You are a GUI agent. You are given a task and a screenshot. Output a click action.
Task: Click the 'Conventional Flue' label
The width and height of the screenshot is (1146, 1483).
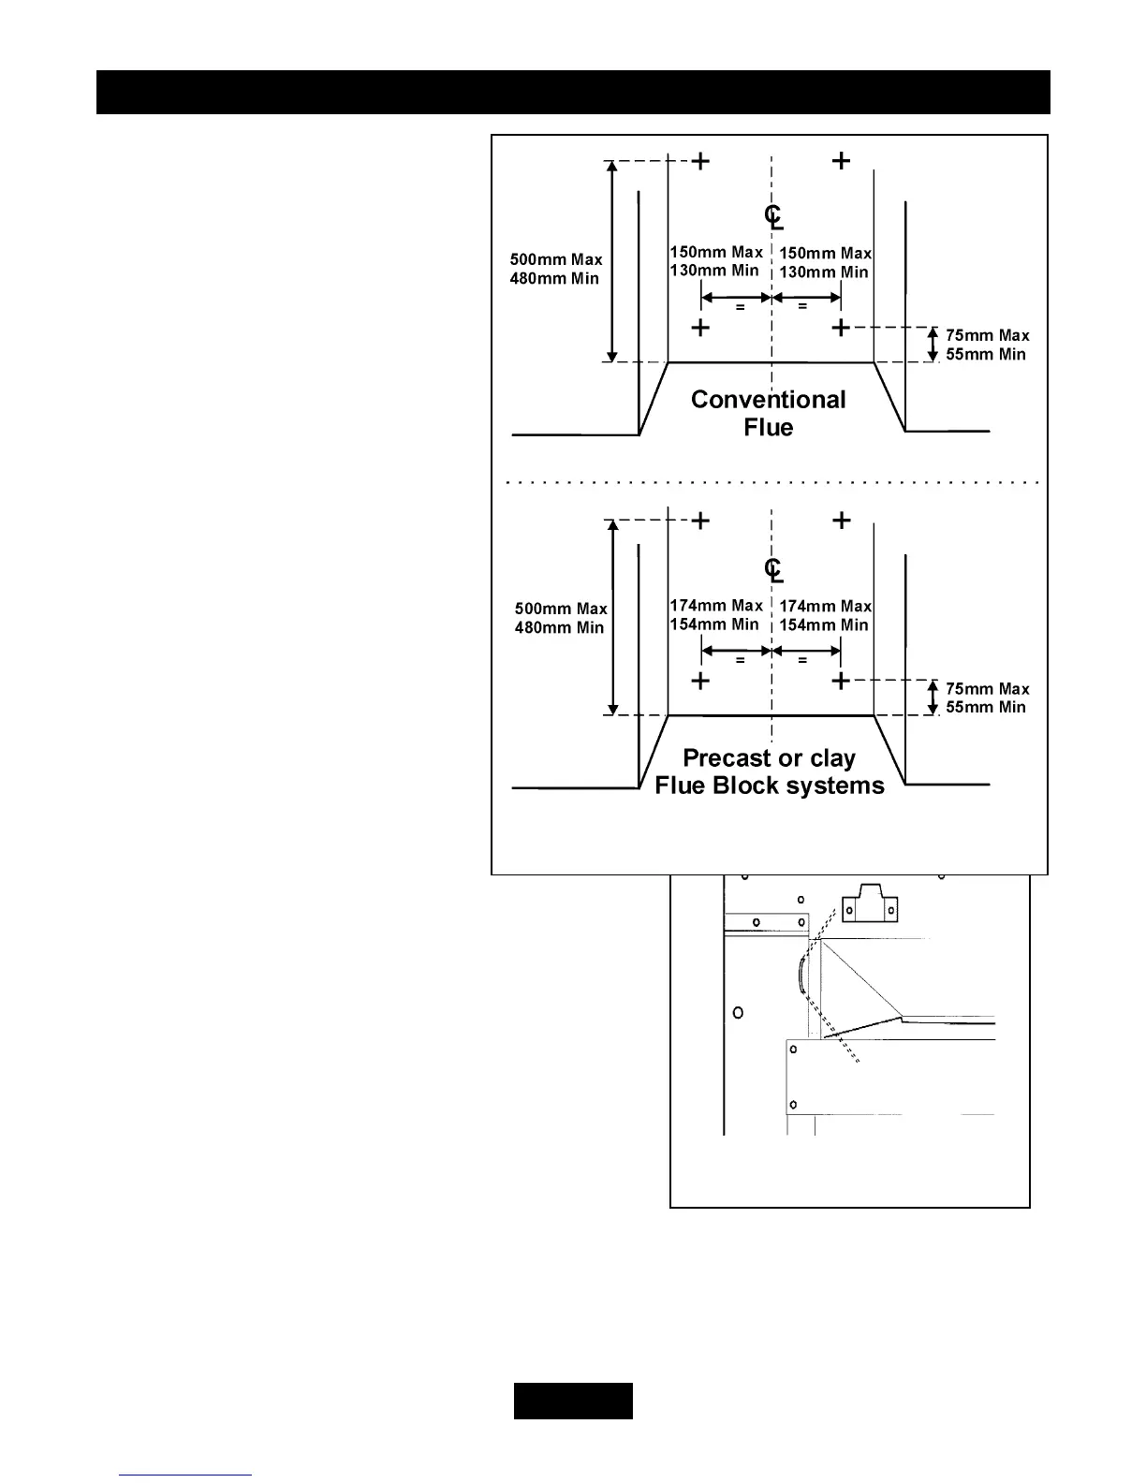click(x=768, y=413)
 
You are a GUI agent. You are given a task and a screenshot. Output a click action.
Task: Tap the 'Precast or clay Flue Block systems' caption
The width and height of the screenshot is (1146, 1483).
click(x=769, y=771)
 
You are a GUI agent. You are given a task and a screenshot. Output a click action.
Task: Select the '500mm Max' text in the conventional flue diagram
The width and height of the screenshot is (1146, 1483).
click(x=556, y=259)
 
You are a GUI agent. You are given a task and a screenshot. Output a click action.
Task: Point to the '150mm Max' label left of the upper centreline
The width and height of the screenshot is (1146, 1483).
click(x=716, y=252)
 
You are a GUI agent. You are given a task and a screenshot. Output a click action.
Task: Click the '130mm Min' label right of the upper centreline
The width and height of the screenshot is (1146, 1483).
click(x=824, y=272)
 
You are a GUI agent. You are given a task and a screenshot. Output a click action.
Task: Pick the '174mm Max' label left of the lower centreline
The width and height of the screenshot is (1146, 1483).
click(x=716, y=606)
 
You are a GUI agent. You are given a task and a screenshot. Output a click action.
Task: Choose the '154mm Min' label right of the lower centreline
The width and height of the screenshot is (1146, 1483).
click(x=824, y=625)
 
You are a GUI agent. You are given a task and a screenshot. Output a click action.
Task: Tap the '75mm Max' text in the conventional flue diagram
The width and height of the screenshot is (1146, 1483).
click(x=987, y=335)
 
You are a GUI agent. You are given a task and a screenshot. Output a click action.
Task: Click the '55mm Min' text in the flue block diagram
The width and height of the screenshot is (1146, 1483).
click(x=986, y=707)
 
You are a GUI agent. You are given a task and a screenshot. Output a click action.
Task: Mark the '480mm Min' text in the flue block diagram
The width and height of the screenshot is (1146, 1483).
click(x=560, y=627)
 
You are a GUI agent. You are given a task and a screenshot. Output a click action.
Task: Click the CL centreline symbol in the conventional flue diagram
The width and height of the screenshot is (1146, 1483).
click(x=773, y=217)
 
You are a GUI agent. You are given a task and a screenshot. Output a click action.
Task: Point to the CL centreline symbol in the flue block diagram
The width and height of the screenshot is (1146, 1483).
click(x=773, y=569)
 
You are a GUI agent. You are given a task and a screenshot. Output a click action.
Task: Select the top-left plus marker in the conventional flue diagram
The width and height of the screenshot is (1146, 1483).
click(x=700, y=161)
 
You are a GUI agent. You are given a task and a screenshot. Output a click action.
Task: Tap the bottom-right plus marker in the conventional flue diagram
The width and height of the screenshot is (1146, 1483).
click(x=841, y=328)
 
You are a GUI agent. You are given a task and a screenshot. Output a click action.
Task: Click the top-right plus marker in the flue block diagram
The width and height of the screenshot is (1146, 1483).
click(x=842, y=521)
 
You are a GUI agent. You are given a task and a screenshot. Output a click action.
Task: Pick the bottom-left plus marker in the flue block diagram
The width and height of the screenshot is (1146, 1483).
click(x=700, y=681)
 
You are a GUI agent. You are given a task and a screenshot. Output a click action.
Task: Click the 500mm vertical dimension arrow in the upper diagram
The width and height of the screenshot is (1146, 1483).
click(x=612, y=261)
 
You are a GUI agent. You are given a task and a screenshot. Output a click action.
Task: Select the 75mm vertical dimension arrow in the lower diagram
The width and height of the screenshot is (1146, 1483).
click(x=933, y=697)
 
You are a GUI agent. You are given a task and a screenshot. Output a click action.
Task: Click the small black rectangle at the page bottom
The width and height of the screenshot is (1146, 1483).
click(x=573, y=1401)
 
